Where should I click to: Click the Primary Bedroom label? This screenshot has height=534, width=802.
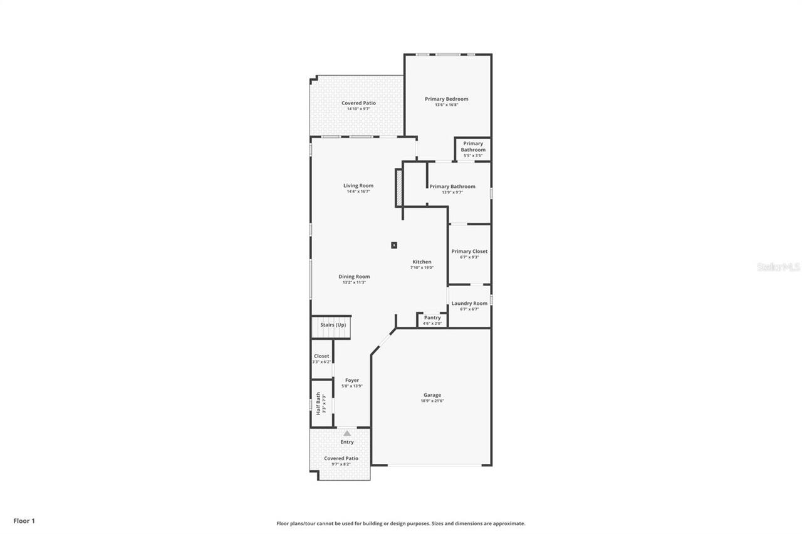click(446, 99)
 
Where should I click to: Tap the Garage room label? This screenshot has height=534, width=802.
click(432, 395)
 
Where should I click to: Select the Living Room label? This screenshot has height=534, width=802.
click(358, 185)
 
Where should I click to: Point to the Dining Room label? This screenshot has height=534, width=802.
click(354, 277)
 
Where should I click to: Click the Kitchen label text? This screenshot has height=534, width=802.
click(422, 262)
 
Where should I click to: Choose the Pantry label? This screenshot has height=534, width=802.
click(432, 318)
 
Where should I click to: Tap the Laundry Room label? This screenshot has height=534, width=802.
click(469, 304)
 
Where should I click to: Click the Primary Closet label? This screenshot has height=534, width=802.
click(469, 252)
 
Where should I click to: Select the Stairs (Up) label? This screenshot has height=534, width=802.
click(333, 325)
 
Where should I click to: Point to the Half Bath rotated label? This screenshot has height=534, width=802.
click(318, 404)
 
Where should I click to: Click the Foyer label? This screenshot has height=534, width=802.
click(352, 380)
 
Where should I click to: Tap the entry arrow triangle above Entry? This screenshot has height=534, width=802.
click(347, 433)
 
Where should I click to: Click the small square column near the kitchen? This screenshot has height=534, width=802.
click(394, 245)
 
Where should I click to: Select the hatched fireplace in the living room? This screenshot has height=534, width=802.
click(398, 187)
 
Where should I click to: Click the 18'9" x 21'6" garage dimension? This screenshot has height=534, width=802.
click(432, 401)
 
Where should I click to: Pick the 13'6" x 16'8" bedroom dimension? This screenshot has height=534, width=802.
click(446, 105)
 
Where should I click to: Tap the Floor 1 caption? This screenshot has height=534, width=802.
click(24, 521)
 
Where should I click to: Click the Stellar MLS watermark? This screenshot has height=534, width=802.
click(779, 267)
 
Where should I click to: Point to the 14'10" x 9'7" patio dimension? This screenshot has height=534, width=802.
click(358, 109)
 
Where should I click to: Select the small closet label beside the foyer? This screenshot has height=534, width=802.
click(321, 356)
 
